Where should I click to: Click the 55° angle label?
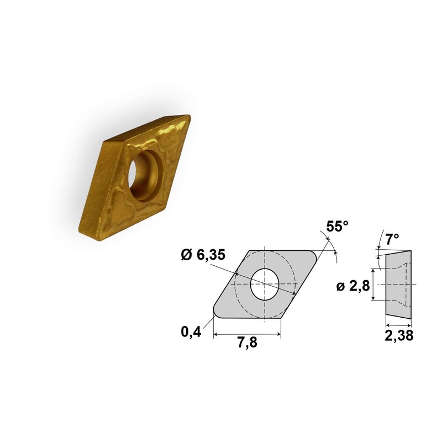click(337, 226)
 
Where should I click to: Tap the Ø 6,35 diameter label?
click(203, 255)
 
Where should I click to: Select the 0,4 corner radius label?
click(191, 331)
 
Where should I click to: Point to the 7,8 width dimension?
click(247, 343)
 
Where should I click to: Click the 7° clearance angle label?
click(392, 239)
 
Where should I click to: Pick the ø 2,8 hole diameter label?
click(353, 286)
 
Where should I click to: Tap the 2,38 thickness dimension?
click(399, 335)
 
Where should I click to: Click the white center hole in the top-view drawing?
click(265, 284)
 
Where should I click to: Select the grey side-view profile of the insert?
click(398, 285)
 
